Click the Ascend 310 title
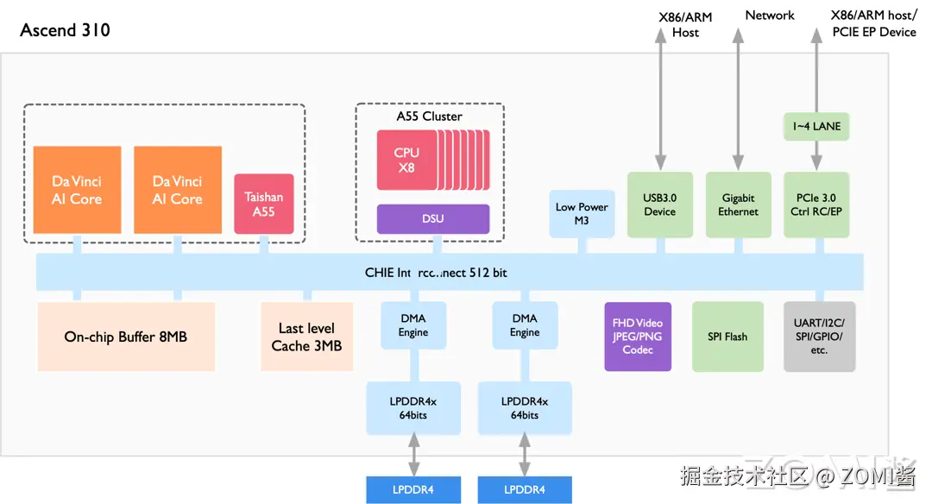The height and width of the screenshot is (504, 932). pos(66,30)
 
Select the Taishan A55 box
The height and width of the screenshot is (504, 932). pos(264,204)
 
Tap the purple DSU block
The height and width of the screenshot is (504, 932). pos(433,218)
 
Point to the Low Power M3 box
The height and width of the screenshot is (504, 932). pos(582,213)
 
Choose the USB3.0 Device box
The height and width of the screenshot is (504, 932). pos(659,205)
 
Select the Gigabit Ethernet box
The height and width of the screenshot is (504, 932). pos(738,205)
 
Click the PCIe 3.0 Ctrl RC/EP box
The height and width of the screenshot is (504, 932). pos(815,205)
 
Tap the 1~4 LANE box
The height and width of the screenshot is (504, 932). pos(815,127)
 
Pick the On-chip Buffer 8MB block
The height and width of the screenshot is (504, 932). pos(126,337)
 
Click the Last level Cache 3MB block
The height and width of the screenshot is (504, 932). pos(306,337)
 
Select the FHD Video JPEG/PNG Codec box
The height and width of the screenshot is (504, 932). pos(638,337)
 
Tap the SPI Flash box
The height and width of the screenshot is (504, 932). pos(727,337)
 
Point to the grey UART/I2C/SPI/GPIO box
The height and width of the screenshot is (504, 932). pos(819,337)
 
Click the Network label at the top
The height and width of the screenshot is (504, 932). pos(770,16)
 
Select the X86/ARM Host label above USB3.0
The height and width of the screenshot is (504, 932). pos(685,24)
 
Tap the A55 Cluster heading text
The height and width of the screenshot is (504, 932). pos(429,117)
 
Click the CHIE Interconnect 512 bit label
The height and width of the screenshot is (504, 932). pos(436,273)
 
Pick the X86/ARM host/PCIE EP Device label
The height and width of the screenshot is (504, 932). pos(872,24)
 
